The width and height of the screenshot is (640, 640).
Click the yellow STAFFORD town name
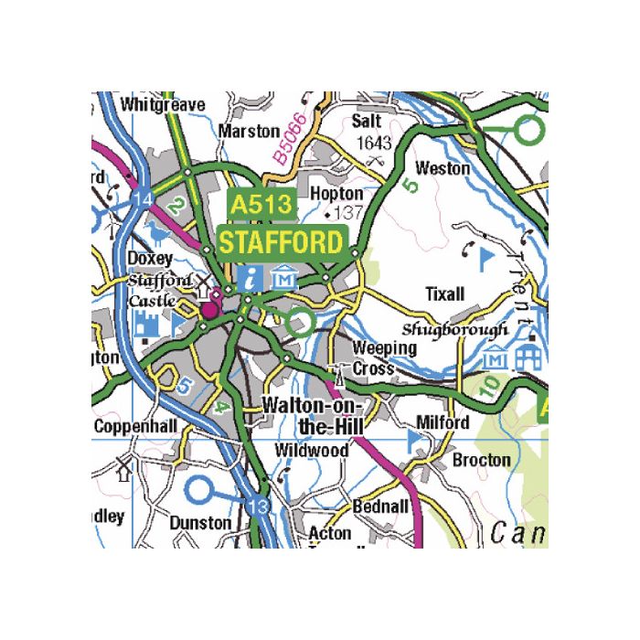pos(282,243)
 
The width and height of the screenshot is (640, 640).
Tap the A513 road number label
pos(261,205)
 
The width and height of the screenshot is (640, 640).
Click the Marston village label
pos(249,132)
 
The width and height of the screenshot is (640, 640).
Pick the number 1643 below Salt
pos(373,143)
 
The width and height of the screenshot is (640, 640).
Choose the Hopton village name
pos(336,194)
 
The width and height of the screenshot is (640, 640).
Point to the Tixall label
pos(445,293)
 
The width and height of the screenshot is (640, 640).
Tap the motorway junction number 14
pos(142,200)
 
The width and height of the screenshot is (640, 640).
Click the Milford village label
pos(443,422)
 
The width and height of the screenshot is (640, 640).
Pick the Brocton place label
pos(482,459)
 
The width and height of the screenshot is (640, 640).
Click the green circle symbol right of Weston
pos(528,132)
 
